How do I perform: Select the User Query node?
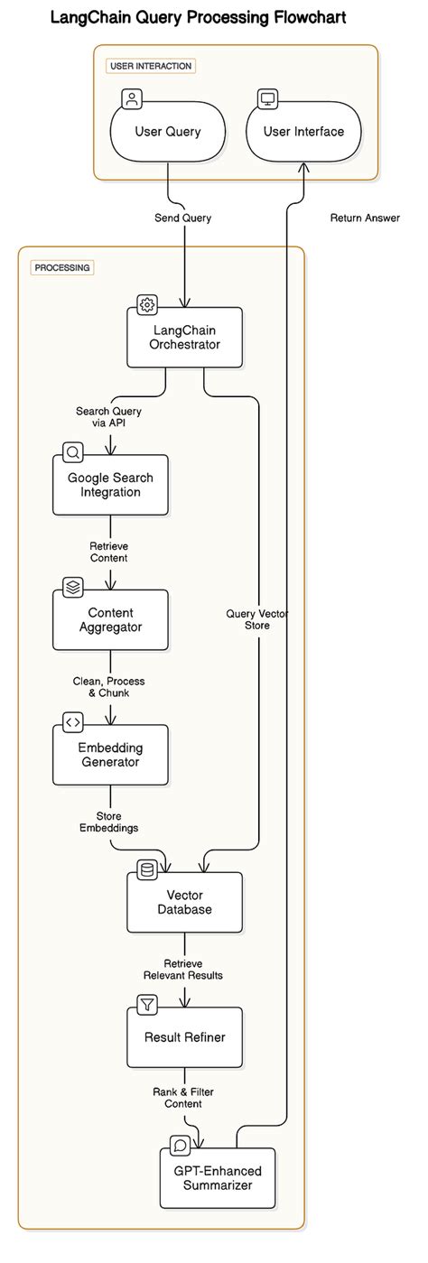pyautogui.click(x=168, y=132)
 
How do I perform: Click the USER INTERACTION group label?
pyautogui.click(x=151, y=66)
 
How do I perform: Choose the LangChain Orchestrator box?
pyautogui.click(x=185, y=337)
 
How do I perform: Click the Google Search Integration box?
pyautogui.click(x=110, y=485)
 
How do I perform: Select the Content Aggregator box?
pyautogui.click(x=110, y=619)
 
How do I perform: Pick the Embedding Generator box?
pyautogui.click(x=110, y=755)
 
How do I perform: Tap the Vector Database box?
pyautogui.click(x=185, y=902)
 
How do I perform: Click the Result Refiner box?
pyautogui.click(x=185, y=1036)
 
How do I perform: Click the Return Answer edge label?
pyautogui.click(x=365, y=218)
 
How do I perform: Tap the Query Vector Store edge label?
pyautogui.click(x=258, y=619)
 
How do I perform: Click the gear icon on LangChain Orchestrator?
pyautogui.click(x=146, y=304)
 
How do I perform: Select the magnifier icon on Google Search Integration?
pyautogui.click(x=72, y=452)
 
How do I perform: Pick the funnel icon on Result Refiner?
pyautogui.click(x=146, y=1004)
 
